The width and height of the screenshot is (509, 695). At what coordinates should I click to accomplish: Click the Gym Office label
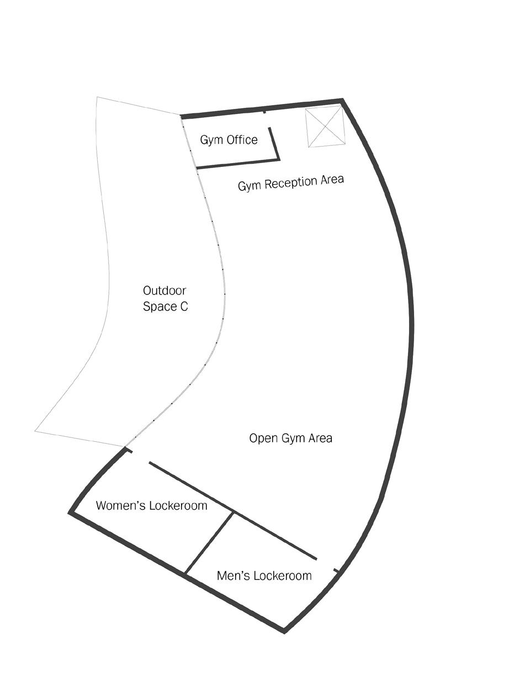click(x=229, y=140)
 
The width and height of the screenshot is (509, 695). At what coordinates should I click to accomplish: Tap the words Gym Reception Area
click(x=291, y=182)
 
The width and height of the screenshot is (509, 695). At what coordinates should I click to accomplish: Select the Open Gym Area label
click(x=290, y=438)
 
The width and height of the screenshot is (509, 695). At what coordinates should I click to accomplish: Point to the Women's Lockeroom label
click(x=151, y=505)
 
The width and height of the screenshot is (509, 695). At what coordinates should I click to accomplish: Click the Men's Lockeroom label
click(x=264, y=576)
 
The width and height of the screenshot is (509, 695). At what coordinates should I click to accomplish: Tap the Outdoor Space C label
click(x=165, y=299)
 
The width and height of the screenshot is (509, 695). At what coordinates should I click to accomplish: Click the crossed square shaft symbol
click(x=325, y=127)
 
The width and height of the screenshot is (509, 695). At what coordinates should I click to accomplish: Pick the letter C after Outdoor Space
click(x=184, y=306)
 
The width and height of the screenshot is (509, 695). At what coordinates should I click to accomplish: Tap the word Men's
click(x=231, y=576)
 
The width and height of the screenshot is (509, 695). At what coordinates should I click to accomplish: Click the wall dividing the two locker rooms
click(x=209, y=543)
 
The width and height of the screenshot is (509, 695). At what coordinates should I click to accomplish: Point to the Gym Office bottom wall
click(x=237, y=164)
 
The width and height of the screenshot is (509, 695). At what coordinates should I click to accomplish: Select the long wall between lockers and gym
click(x=232, y=510)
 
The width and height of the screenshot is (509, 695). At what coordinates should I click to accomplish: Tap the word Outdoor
click(x=165, y=291)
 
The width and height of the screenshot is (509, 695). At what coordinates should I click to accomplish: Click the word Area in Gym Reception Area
click(x=331, y=180)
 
